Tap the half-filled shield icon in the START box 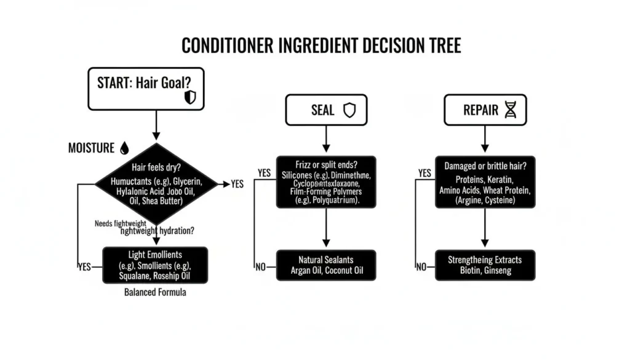(190, 97)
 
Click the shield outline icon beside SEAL (349, 110)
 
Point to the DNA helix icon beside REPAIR (510, 110)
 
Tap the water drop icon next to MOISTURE (125, 148)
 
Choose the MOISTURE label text (91, 148)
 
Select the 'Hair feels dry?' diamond (156, 184)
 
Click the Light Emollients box (155, 265)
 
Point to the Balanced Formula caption (155, 292)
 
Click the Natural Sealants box (326, 265)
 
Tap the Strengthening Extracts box (485, 265)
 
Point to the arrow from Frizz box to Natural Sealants (326, 228)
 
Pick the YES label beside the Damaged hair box (424, 174)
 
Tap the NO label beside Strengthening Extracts (421, 267)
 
